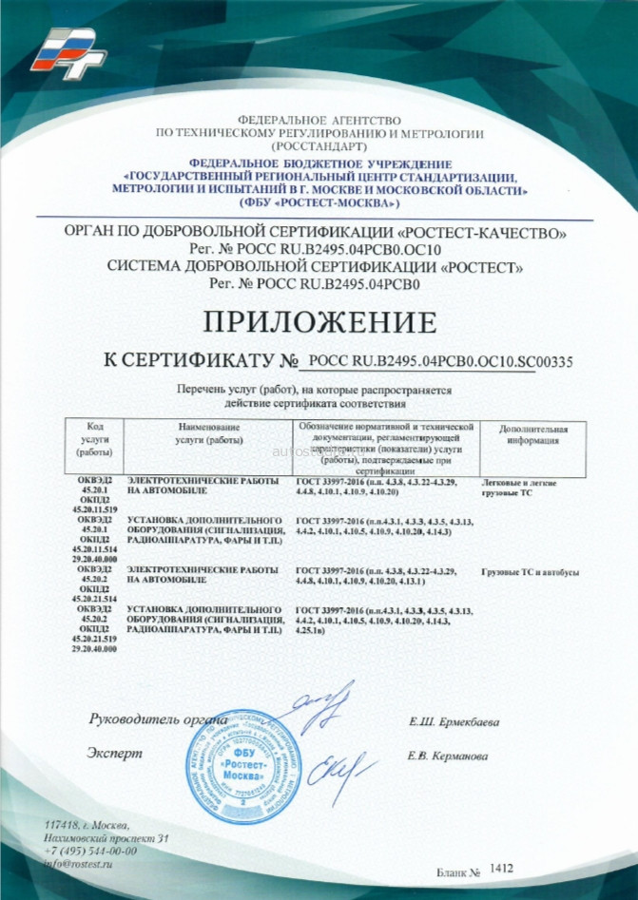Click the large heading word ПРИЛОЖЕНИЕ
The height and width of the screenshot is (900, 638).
(319, 320)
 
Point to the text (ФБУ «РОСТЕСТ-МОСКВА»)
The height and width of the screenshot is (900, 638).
(319, 203)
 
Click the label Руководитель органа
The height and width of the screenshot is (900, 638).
(158, 719)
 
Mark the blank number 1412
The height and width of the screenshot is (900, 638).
(503, 868)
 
